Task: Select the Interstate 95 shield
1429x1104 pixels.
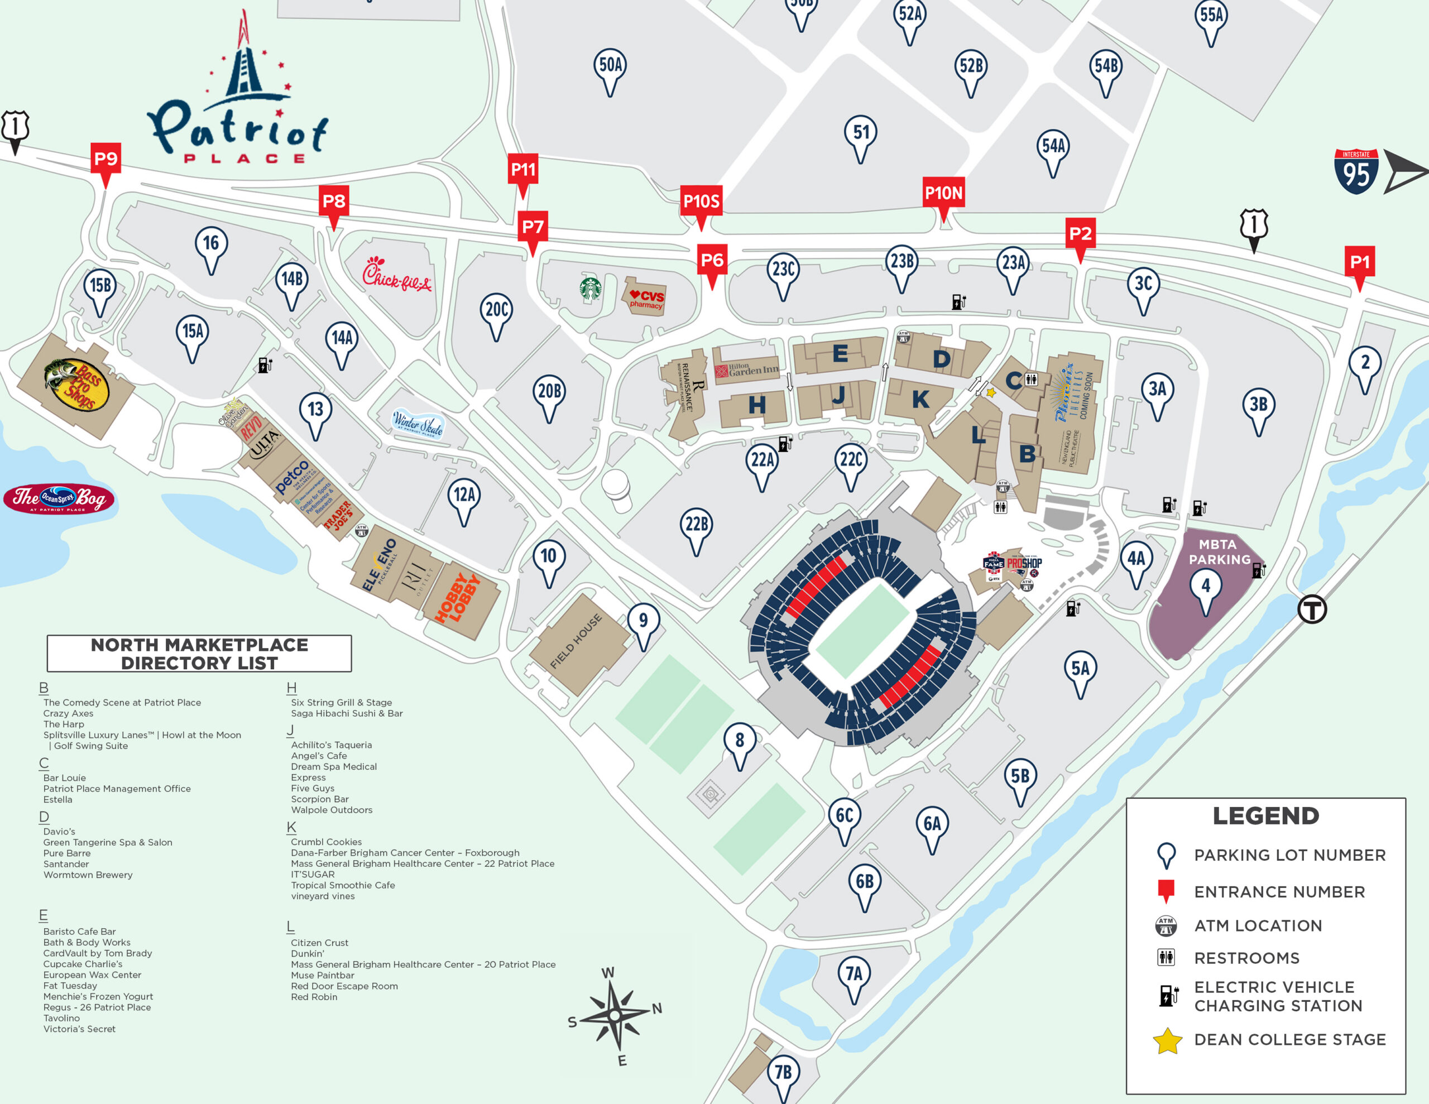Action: point(1356,172)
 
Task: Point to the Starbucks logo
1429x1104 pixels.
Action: point(590,289)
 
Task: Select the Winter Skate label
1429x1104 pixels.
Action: point(418,424)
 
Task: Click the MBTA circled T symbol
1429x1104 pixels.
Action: point(1312,609)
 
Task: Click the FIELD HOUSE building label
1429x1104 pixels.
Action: point(576,641)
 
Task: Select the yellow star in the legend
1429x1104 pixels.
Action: point(1167,1041)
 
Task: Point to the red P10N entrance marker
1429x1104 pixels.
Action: point(943,194)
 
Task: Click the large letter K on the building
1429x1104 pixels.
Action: point(920,399)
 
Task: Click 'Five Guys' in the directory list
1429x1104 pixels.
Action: point(313,789)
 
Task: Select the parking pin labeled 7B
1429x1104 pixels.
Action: point(783,1073)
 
